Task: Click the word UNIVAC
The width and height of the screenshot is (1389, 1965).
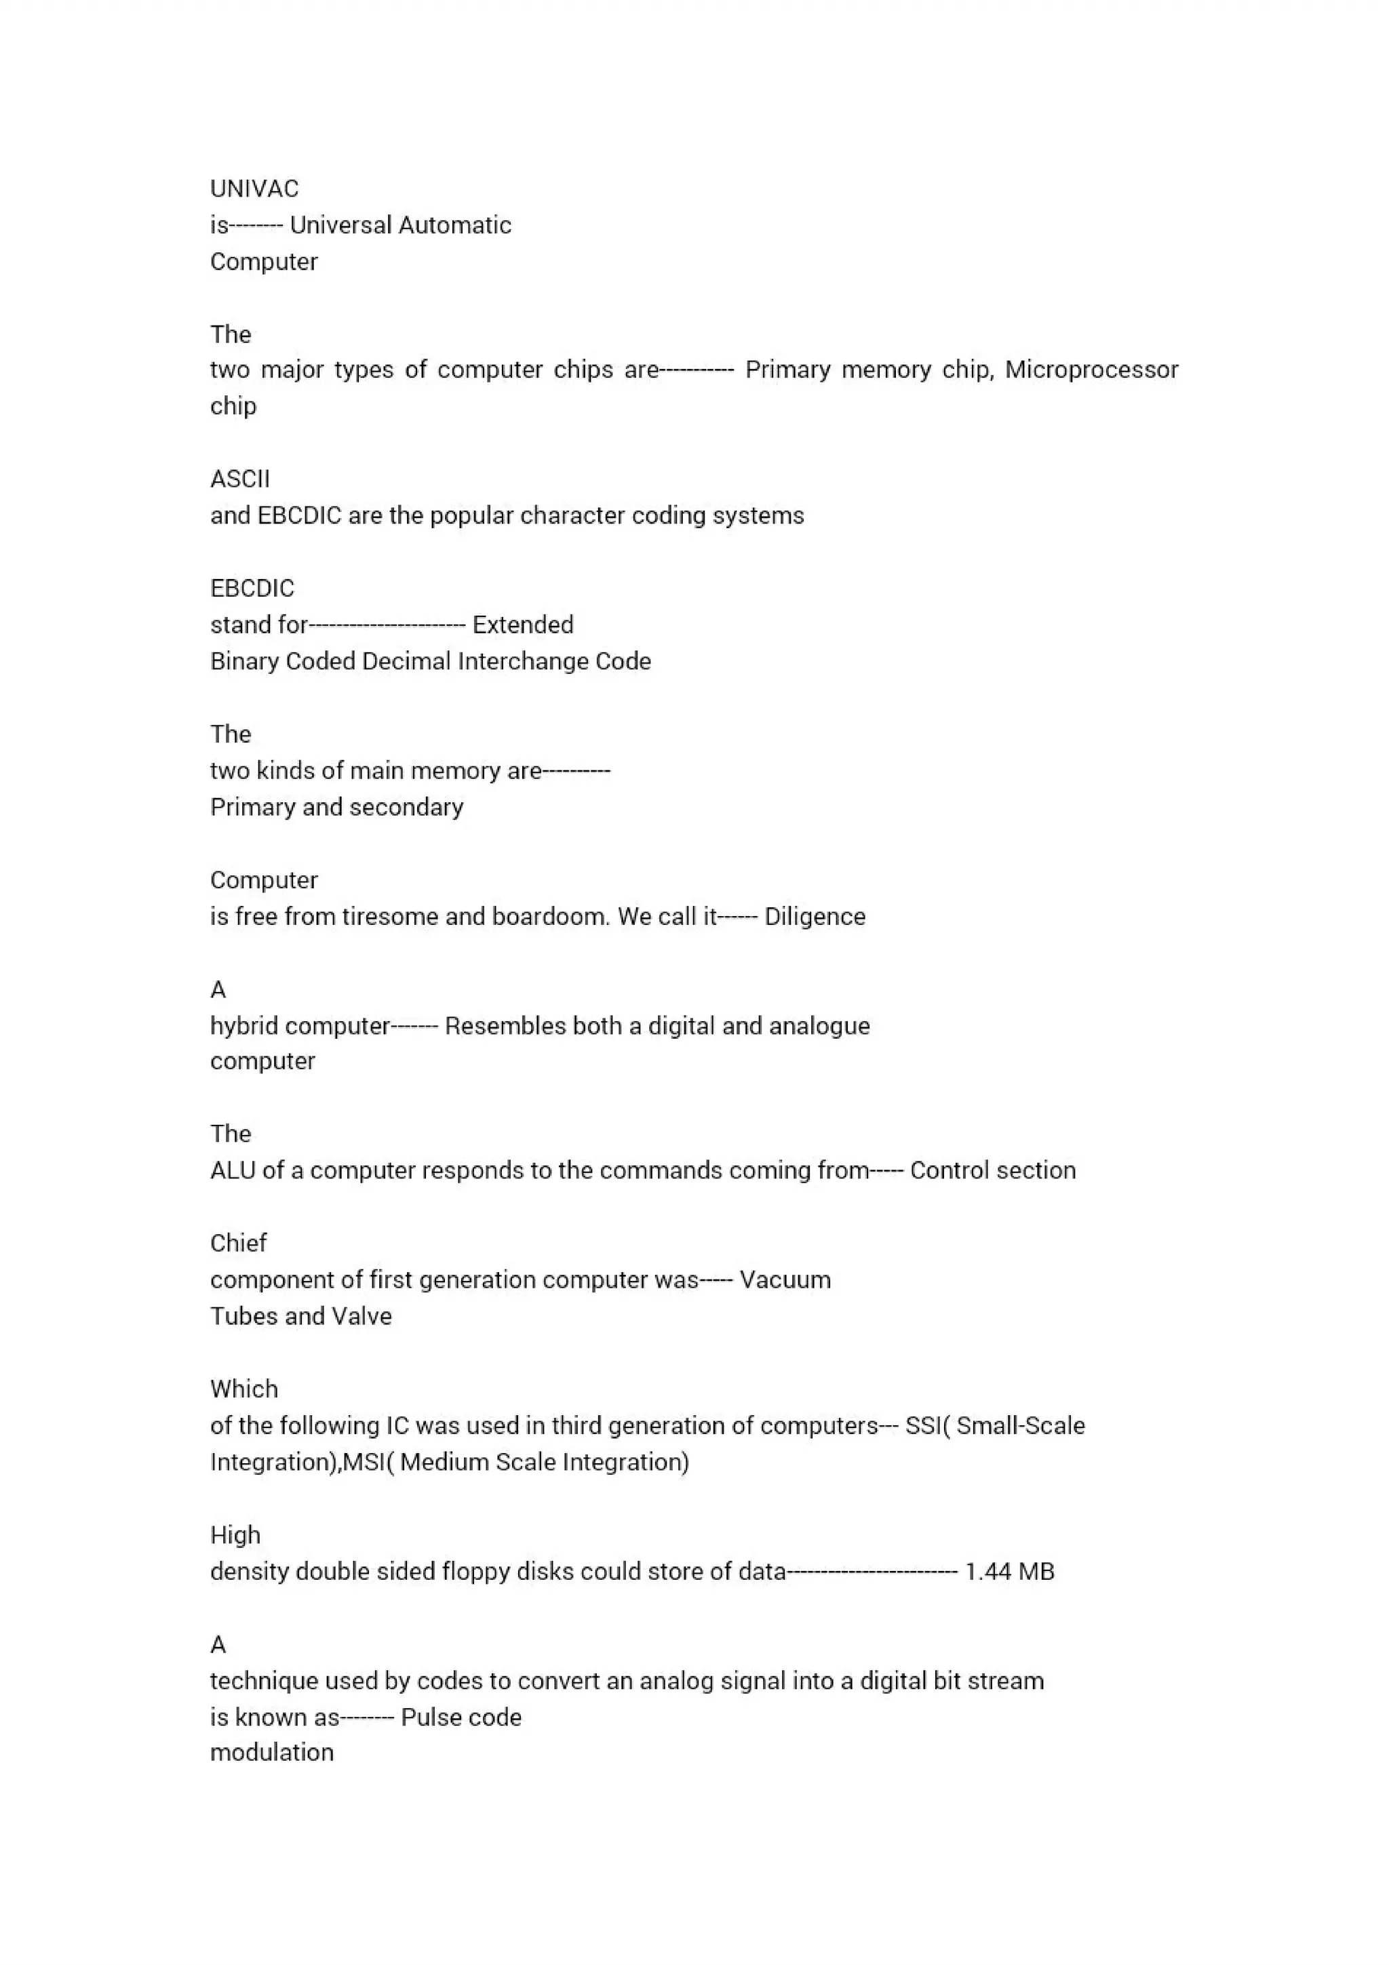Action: (254, 188)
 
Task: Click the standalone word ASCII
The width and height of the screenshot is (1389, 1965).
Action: (239, 479)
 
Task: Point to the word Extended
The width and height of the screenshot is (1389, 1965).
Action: (523, 624)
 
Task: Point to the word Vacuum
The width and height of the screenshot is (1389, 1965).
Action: (785, 1280)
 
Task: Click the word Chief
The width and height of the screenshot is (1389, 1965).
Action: (238, 1244)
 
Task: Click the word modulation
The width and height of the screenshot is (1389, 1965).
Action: (271, 1753)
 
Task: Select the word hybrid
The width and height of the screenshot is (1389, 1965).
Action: (244, 1025)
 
